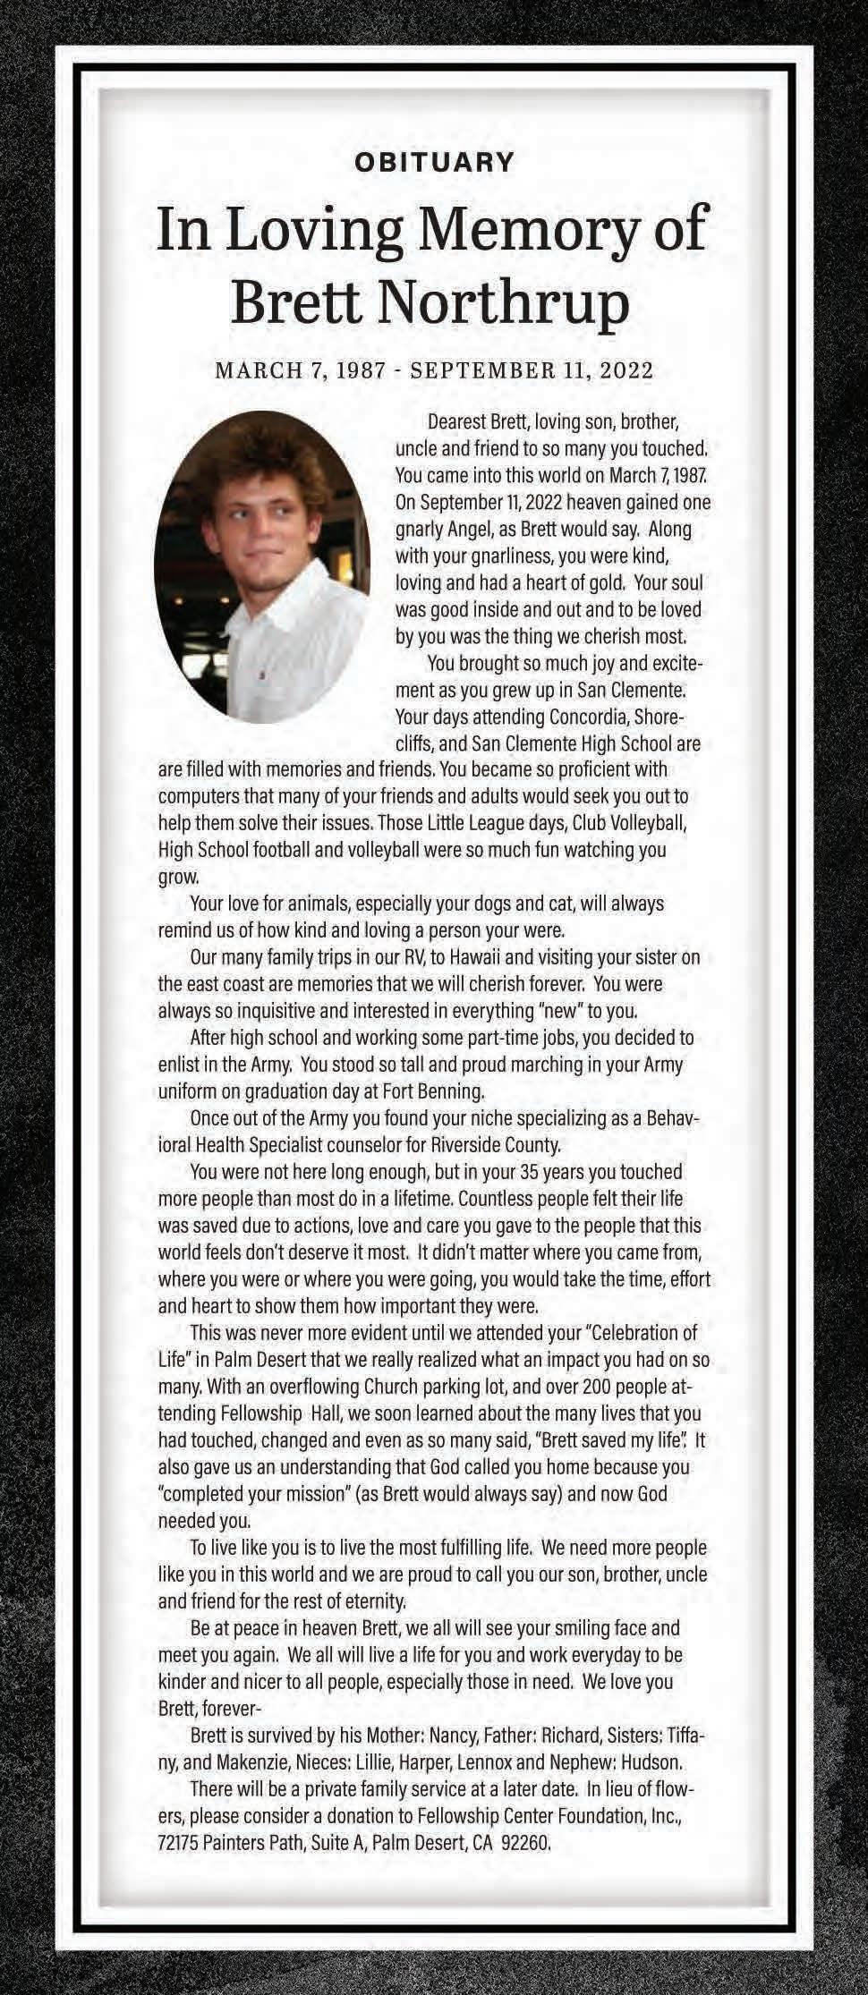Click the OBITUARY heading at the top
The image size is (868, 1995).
coord(434,163)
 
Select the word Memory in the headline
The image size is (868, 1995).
coord(521,229)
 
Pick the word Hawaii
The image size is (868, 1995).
coord(480,957)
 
